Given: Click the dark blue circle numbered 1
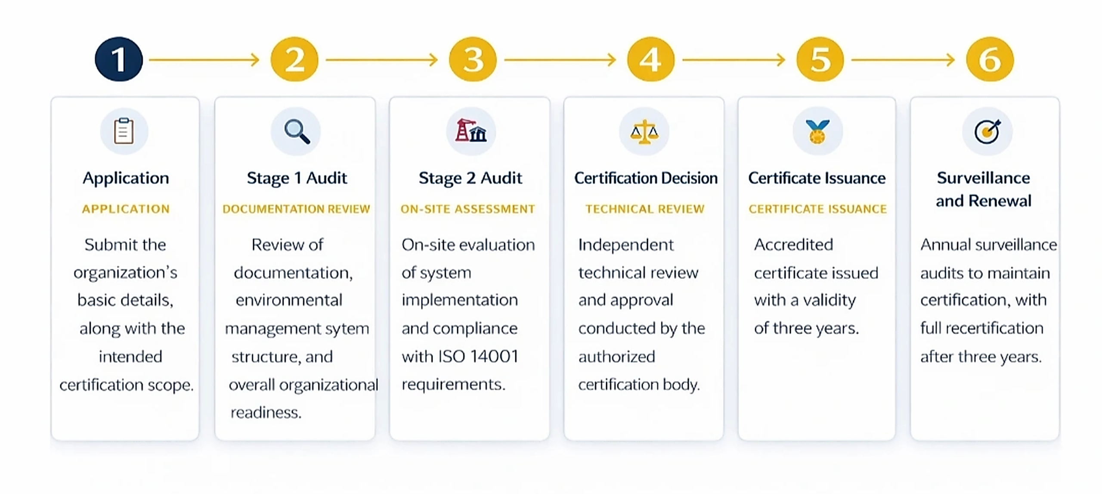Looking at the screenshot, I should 119,59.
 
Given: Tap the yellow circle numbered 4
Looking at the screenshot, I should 650,59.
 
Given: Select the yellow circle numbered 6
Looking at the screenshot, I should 990,59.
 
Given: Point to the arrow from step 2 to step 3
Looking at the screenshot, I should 381,59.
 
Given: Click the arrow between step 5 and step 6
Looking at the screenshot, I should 903,59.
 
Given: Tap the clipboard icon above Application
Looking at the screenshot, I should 124,131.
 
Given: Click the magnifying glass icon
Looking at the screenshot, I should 297,131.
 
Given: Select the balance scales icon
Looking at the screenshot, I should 644,132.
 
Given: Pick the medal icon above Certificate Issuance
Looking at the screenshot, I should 817,132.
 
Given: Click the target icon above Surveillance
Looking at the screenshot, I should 987,131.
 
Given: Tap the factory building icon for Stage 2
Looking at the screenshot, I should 471,131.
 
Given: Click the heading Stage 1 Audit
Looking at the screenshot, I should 297,178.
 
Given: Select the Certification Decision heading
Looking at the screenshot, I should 646,178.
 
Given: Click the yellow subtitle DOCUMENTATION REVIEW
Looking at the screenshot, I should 296,209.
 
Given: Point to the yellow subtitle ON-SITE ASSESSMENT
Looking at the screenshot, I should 467,209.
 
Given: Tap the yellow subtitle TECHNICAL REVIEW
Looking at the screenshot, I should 644,209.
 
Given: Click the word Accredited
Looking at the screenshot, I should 793,245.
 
